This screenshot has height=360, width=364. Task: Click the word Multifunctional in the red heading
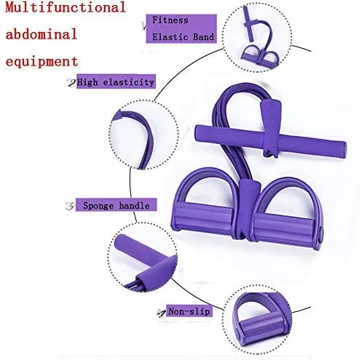pyautogui.click(x=66, y=7)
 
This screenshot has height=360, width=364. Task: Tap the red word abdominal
pyautogui.click(x=41, y=33)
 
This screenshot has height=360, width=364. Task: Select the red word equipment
pyautogui.click(x=41, y=61)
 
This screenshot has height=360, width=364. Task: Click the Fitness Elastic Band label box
pyautogui.click(x=181, y=29)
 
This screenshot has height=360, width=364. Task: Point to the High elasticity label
pyautogui.click(x=116, y=81)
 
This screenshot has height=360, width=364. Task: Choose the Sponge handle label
pyautogui.click(x=116, y=205)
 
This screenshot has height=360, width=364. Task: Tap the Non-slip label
pyautogui.click(x=189, y=311)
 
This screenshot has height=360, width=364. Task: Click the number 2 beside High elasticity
pyautogui.click(x=71, y=83)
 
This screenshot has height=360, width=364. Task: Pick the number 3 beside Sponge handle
pyautogui.click(x=70, y=206)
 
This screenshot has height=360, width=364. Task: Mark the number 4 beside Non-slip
pyautogui.click(x=161, y=313)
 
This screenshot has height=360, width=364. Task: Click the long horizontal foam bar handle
pyautogui.click(x=271, y=140)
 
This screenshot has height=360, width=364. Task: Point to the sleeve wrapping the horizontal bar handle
pyautogui.click(x=271, y=129)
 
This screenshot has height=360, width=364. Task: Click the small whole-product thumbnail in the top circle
pyautogui.click(x=259, y=38)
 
